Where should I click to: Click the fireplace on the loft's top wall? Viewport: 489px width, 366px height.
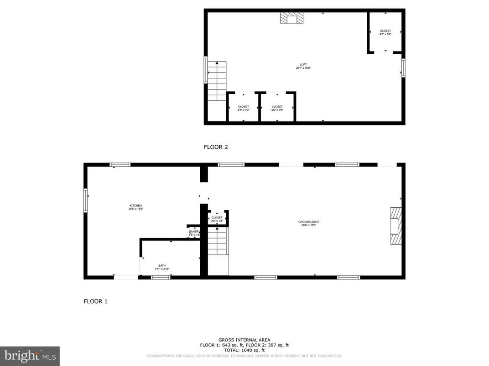(x=291, y=18)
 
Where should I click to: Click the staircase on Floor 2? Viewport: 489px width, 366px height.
(x=217, y=81)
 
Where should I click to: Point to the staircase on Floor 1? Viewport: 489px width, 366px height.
(x=218, y=242)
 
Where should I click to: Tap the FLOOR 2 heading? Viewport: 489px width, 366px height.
(x=215, y=147)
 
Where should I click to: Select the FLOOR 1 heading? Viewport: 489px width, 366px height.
(x=95, y=301)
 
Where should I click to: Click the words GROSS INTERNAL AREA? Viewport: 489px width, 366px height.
(x=244, y=340)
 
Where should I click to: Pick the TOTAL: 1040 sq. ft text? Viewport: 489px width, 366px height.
(x=244, y=350)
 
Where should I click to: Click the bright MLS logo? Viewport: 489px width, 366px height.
(x=30, y=356)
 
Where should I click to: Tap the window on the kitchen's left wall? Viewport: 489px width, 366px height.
(x=85, y=200)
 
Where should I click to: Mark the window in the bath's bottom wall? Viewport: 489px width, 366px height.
(x=161, y=277)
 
